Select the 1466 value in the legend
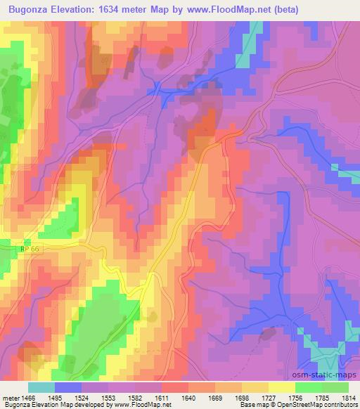(x=28, y=397)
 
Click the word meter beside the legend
(x=11, y=397)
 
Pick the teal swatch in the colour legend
(x=41, y=387)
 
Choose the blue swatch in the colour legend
(x=68, y=387)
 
